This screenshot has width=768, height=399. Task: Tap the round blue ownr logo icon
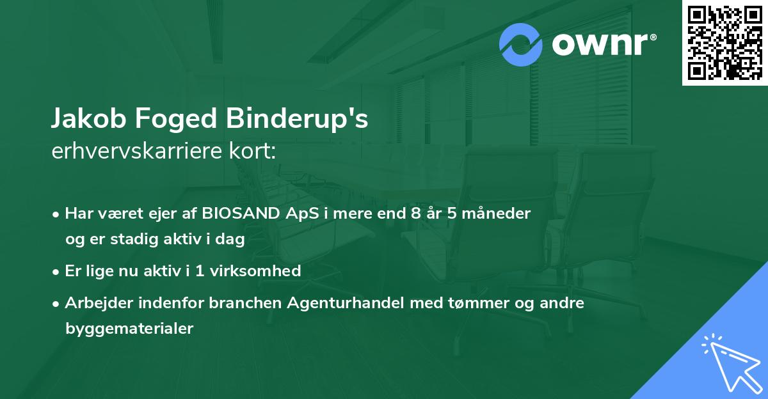click(522, 45)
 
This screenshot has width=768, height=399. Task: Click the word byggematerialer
click(129, 329)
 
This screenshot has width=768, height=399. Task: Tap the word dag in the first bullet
click(232, 239)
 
